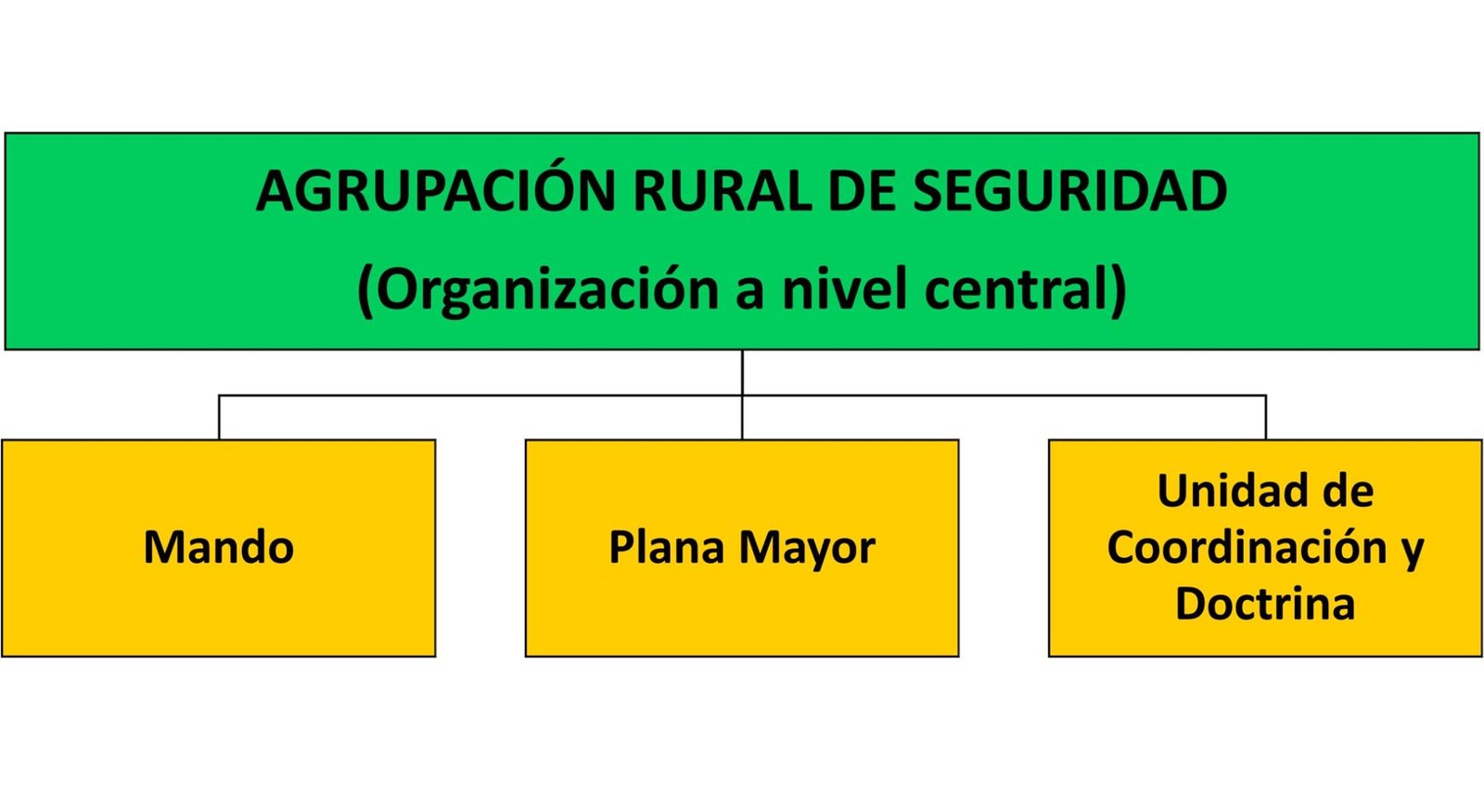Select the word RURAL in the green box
pos(723,191)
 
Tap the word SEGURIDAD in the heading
pos(1070,191)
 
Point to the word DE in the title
pos(862,191)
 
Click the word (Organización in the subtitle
pos(538,290)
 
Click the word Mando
pos(219,547)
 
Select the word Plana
pos(667,547)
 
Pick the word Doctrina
pos(1265,604)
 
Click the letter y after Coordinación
pos(1413,553)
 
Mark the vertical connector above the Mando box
pos(219,417)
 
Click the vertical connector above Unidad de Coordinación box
pos(1266,417)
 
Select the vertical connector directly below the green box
pos(742,394)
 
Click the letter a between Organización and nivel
pos(750,295)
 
